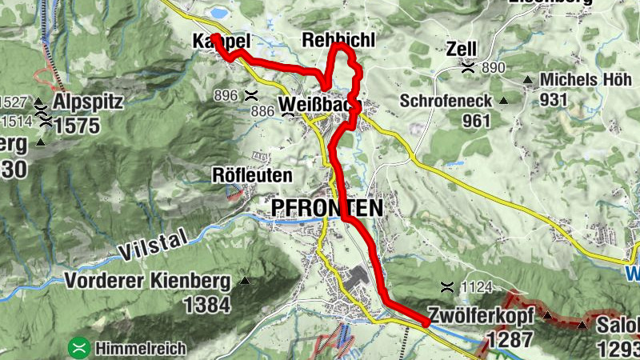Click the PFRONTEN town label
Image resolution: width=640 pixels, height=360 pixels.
pyautogui.click(x=326, y=208)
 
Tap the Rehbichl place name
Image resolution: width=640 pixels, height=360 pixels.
pyautogui.click(x=338, y=41)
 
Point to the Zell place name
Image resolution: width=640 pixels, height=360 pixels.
pyautogui.click(x=462, y=49)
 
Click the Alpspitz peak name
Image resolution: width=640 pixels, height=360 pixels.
pyautogui.click(x=86, y=102)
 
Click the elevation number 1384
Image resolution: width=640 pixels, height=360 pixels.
pyautogui.click(x=206, y=304)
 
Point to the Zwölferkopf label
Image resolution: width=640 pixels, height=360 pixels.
pyautogui.click(x=484, y=314)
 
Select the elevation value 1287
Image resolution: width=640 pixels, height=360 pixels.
pyautogui.click(x=509, y=338)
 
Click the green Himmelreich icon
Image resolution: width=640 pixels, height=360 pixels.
pyautogui.click(x=78, y=348)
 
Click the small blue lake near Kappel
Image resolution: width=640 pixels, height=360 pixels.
pyautogui.click(x=218, y=13)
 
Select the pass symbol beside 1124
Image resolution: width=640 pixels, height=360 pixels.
pyautogui.click(x=447, y=287)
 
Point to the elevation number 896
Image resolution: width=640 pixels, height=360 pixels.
pyautogui.click(x=226, y=95)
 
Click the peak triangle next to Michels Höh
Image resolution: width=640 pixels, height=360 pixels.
pyautogui.click(x=528, y=80)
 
